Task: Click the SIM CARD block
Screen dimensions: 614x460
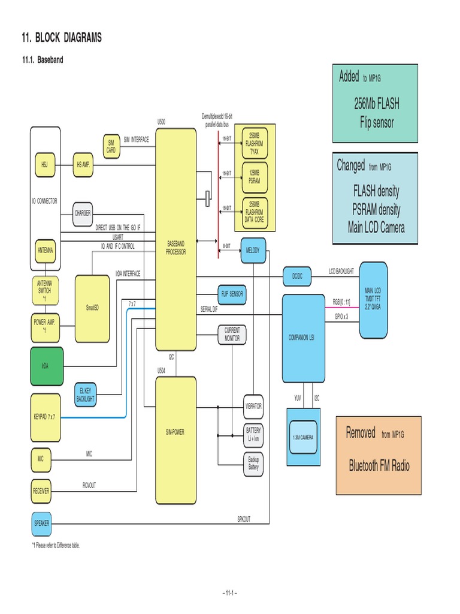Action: tap(111, 146)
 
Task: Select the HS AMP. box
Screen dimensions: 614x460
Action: tap(83, 164)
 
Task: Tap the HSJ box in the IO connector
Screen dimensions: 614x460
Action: tap(44, 164)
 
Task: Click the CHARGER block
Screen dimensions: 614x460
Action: tap(83, 213)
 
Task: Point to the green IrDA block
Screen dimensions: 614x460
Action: tap(45, 365)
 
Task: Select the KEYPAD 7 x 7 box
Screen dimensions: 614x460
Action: tap(45, 416)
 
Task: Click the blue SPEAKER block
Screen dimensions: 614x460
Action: tap(41, 523)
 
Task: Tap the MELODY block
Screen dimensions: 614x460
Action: tap(253, 250)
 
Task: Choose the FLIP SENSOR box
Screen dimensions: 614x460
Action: tap(232, 294)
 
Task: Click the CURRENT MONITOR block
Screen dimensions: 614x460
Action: tap(232, 334)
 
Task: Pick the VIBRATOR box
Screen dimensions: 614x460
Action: tap(253, 406)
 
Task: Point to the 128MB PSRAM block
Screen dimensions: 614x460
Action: tap(253, 176)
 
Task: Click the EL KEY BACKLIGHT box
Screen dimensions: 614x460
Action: tap(86, 394)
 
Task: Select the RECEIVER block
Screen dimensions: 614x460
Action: tap(41, 490)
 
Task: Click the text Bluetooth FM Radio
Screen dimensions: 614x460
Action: tap(379, 466)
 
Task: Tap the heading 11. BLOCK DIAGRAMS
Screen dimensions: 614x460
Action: tap(62, 38)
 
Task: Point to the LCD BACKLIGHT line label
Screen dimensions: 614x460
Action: tap(341, 272)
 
